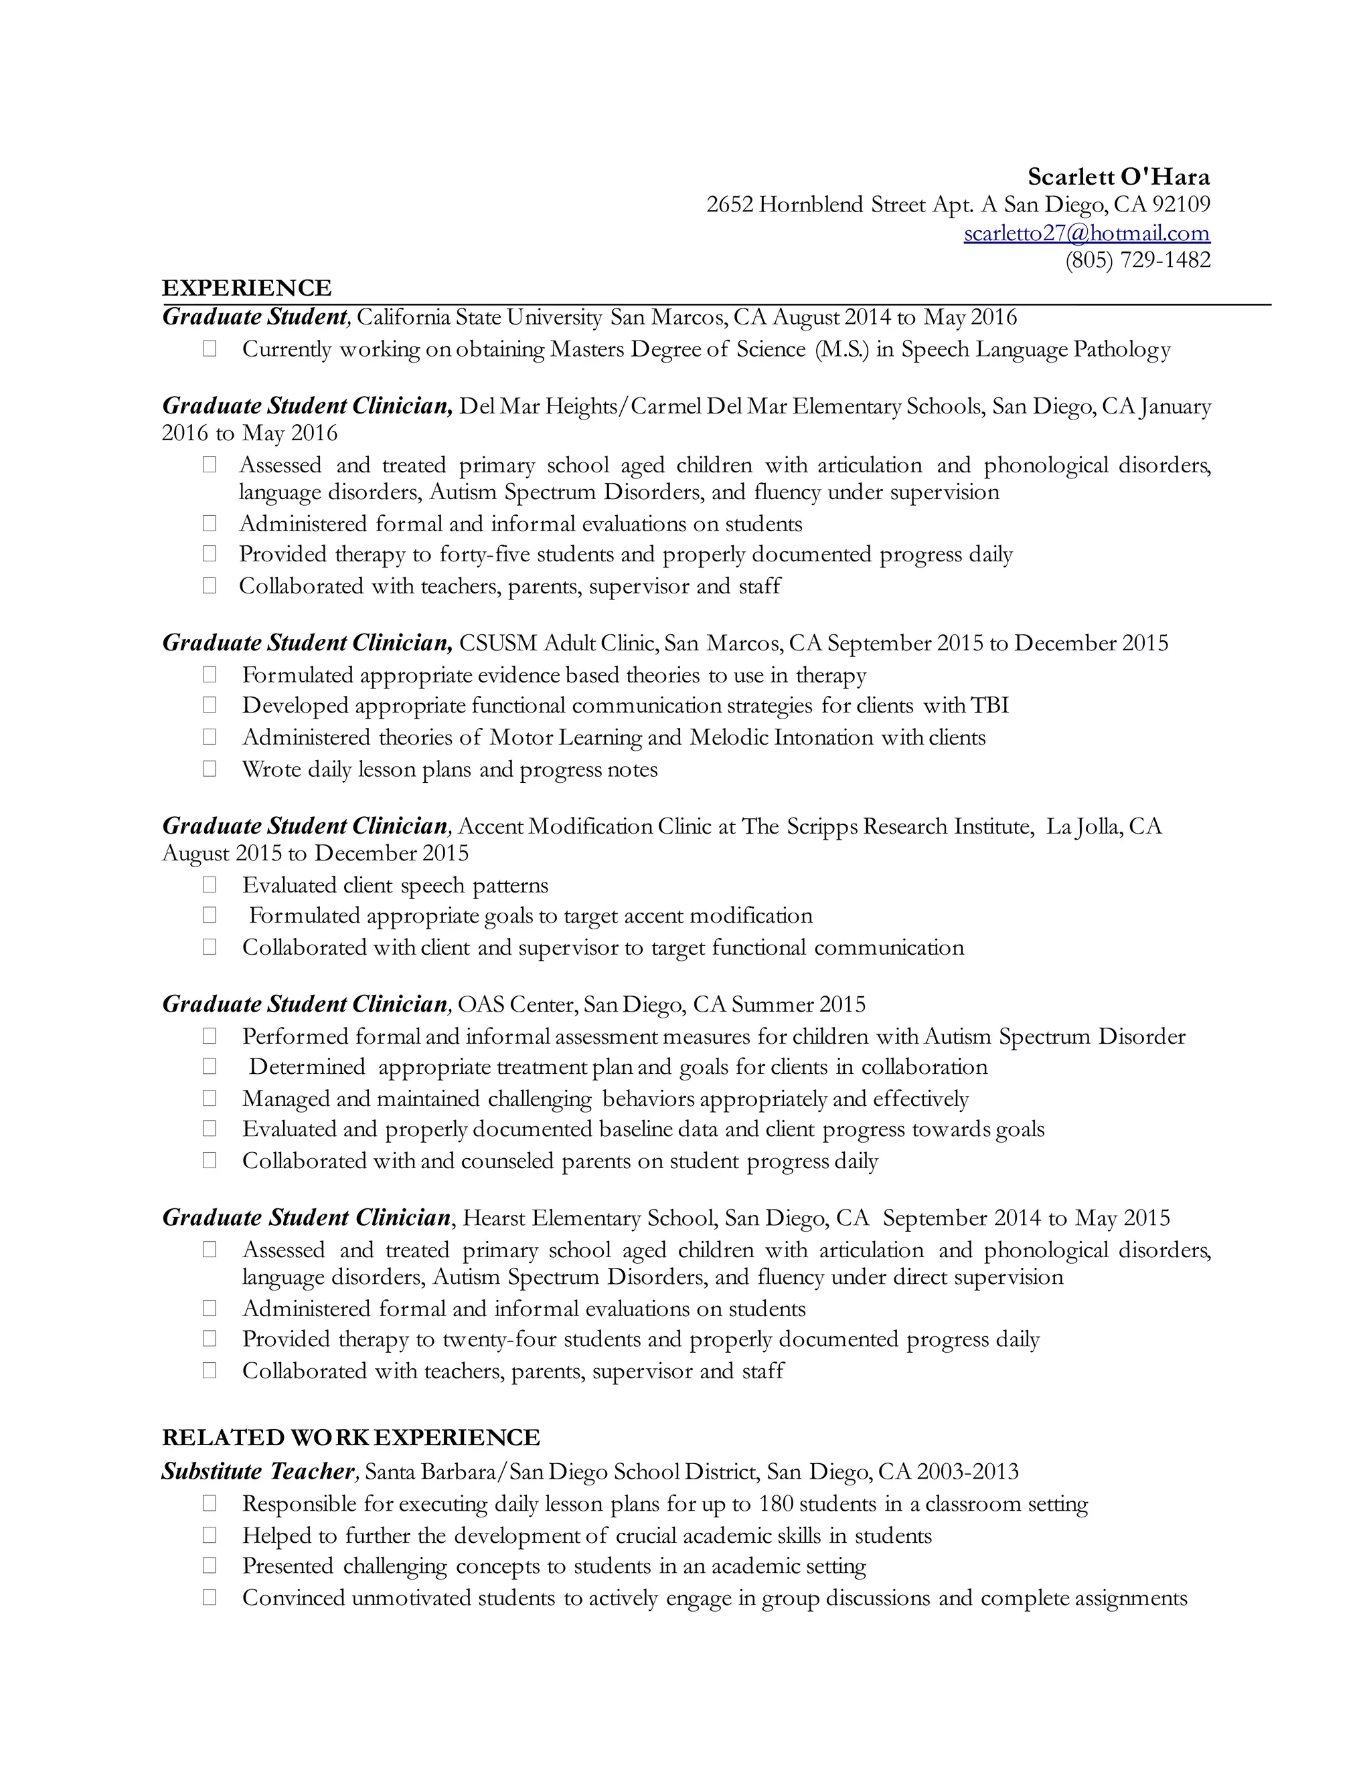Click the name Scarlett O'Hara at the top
1119,177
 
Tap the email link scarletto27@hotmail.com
1086,233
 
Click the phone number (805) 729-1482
1137,260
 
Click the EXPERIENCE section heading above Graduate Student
247,288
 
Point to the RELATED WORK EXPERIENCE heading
351,1438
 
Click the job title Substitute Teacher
258,1472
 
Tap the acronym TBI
989,705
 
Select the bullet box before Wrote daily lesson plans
210,769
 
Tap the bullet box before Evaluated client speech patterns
210,885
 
